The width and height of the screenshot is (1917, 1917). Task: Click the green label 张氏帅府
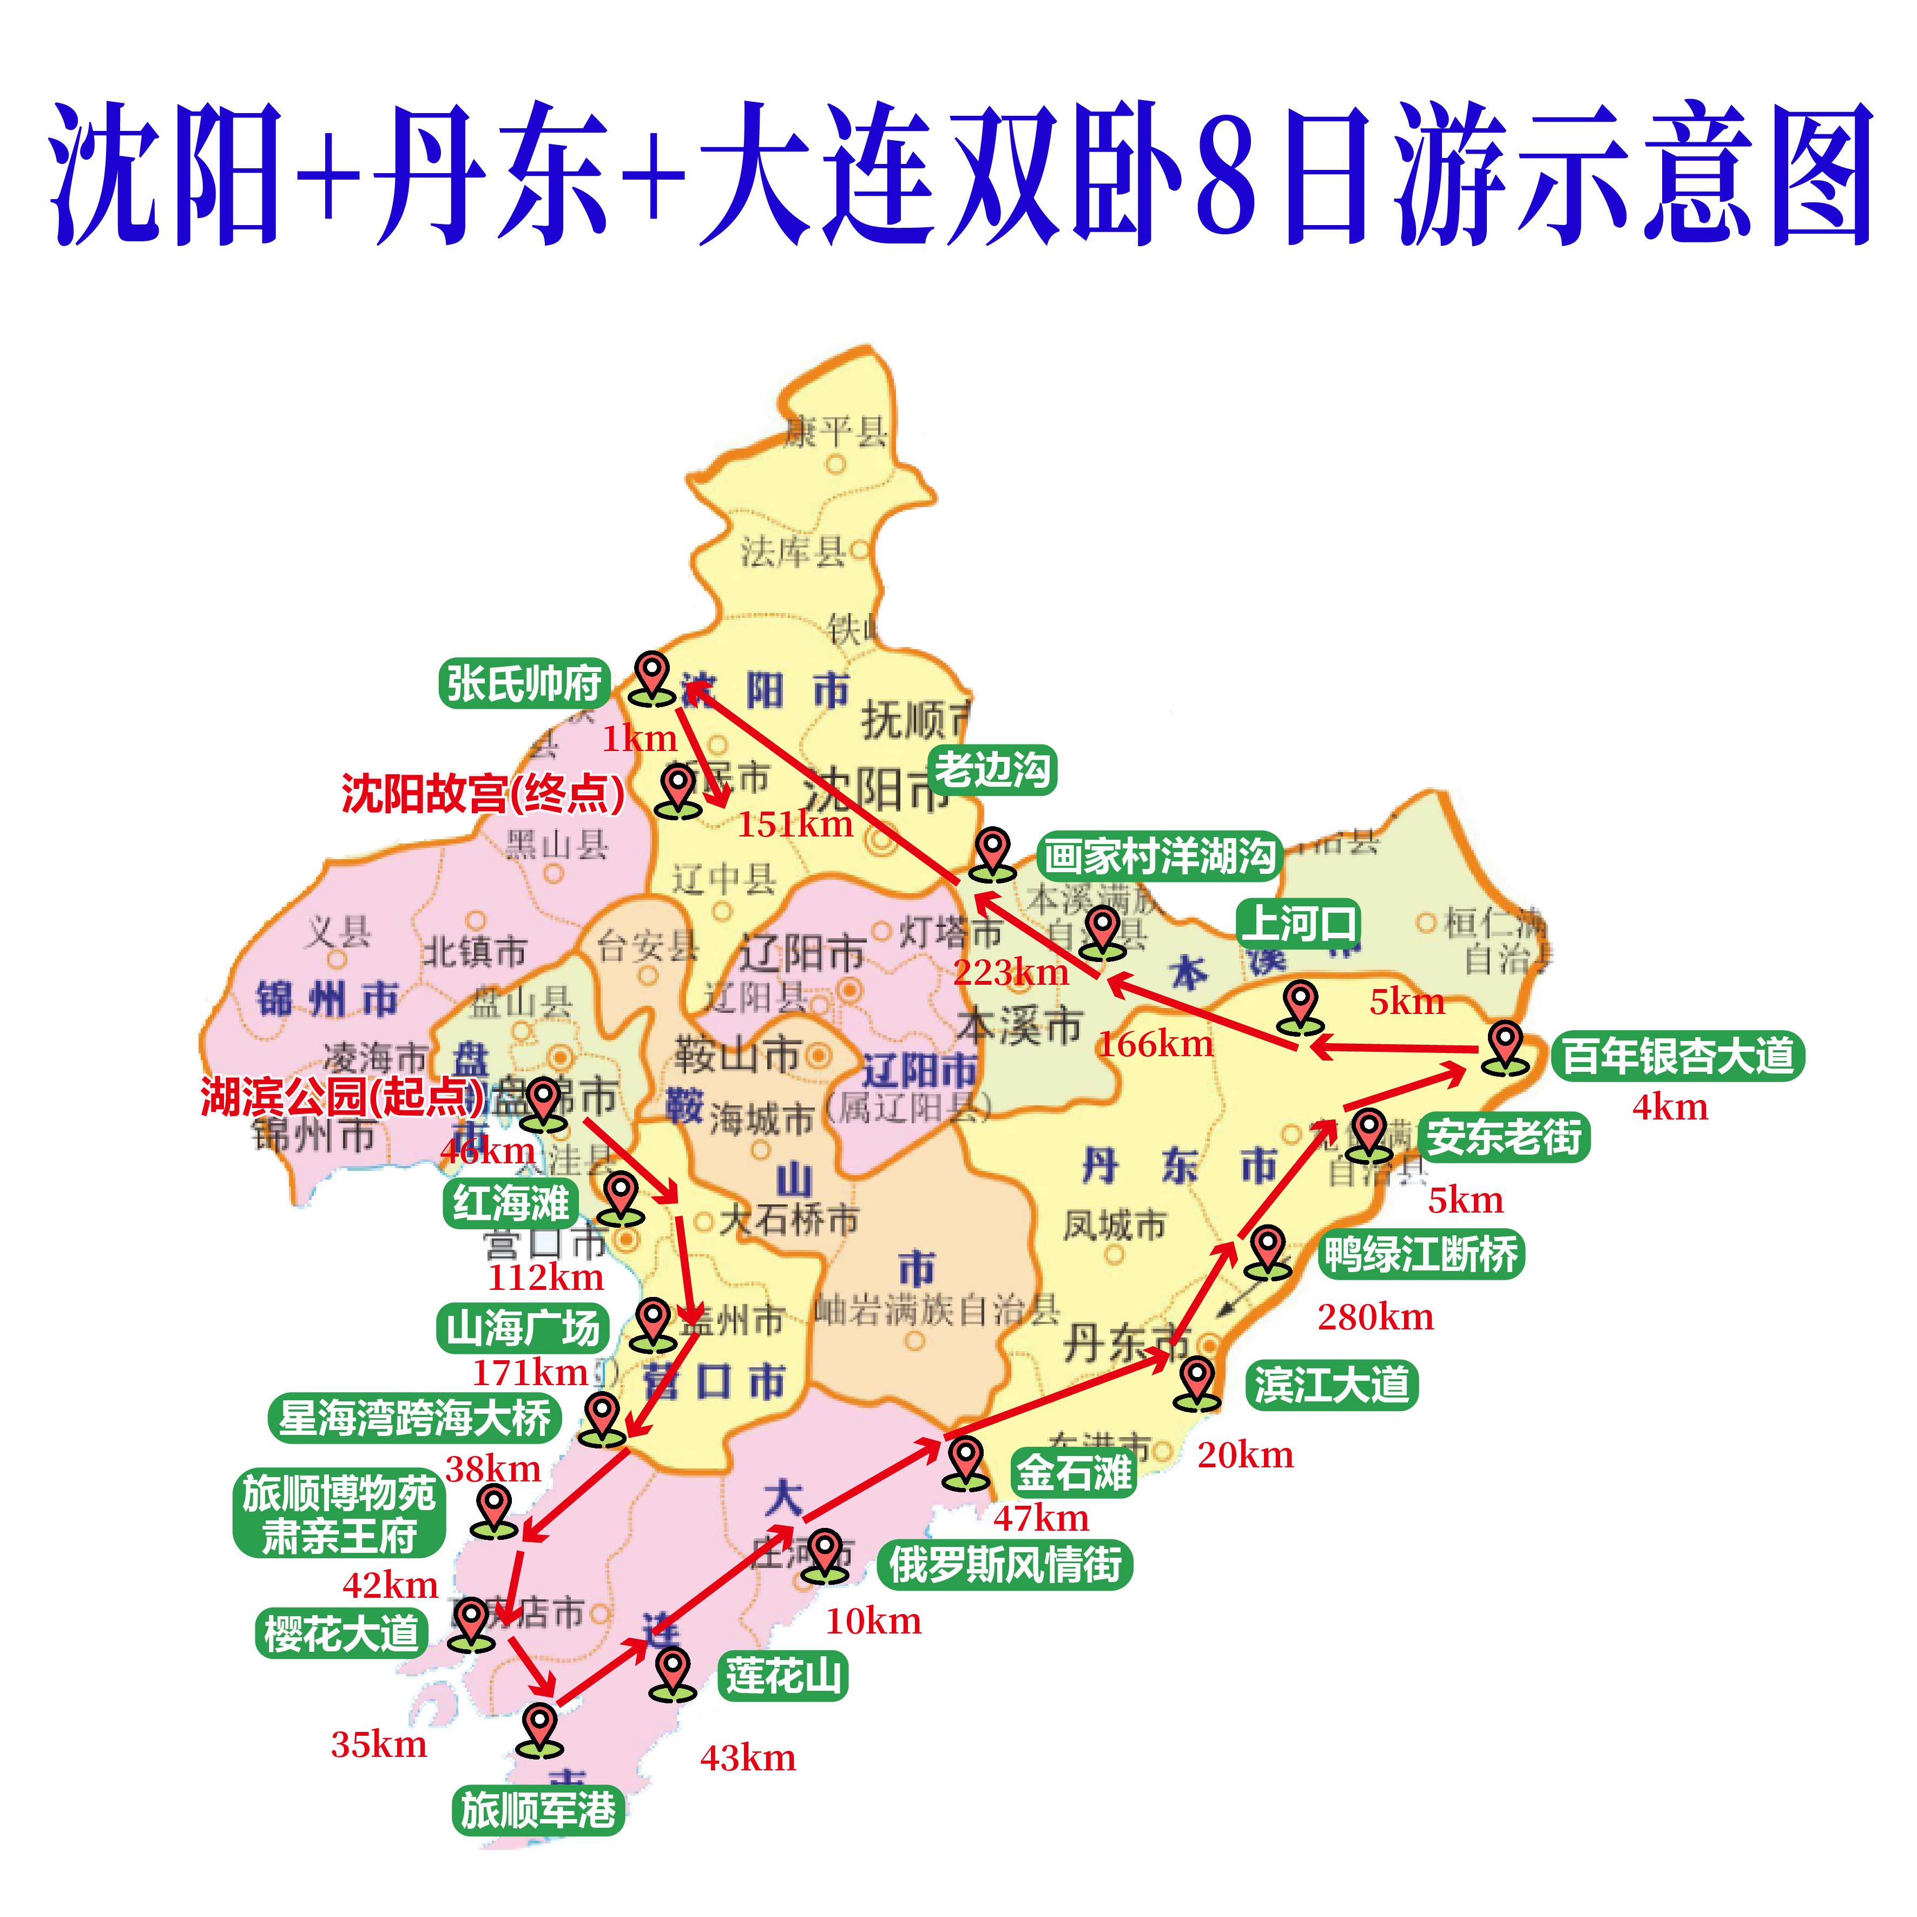click(523, 684)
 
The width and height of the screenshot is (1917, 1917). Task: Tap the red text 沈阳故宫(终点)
click(483, 794)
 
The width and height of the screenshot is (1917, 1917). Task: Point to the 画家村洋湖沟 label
click(1159, 855)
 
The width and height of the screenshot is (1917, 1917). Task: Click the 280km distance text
click(1375, 1317)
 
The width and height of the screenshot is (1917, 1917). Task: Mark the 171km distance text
click(530, 1372)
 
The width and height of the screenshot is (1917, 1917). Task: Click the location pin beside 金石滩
click(965, 1463)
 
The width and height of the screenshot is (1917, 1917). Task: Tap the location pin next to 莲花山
click(674, 1673)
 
